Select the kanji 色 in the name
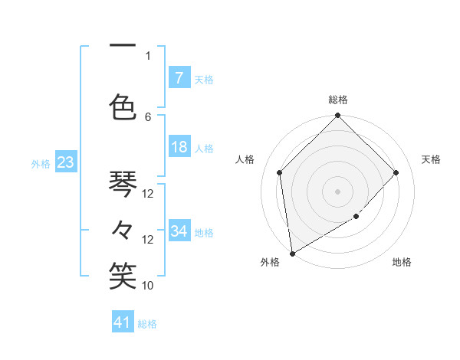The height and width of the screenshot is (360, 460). (x=123, y=106)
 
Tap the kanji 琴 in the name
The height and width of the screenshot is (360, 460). (x=123, y=184)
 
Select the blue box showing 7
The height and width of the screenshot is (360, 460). (x=179, y=77)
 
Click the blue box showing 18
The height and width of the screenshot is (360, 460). (x=179, y=147)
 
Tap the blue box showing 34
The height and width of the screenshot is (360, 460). (x=179, y=231)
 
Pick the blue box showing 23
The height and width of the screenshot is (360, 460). (x=64, y=162)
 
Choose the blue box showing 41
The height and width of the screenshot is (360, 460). (x=123, y=322)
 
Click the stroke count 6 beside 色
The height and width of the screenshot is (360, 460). (x=148, y=116)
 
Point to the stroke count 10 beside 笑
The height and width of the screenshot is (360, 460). (x=148, y=285)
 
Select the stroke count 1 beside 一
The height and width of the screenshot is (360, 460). (x=148, y=55)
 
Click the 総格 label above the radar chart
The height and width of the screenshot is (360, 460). (x=338, y=100)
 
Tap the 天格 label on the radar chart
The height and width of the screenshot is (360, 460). (x=431, y=159)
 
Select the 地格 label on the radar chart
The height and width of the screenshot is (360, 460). (x=402, y=262)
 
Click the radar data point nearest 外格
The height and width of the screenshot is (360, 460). (x=291, y=253)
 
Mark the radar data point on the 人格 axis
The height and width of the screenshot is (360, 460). (x=280, y=172)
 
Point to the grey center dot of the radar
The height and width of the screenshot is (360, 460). (x=338, y=191)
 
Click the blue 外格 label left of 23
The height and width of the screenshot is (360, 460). (x=41, y=163)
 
